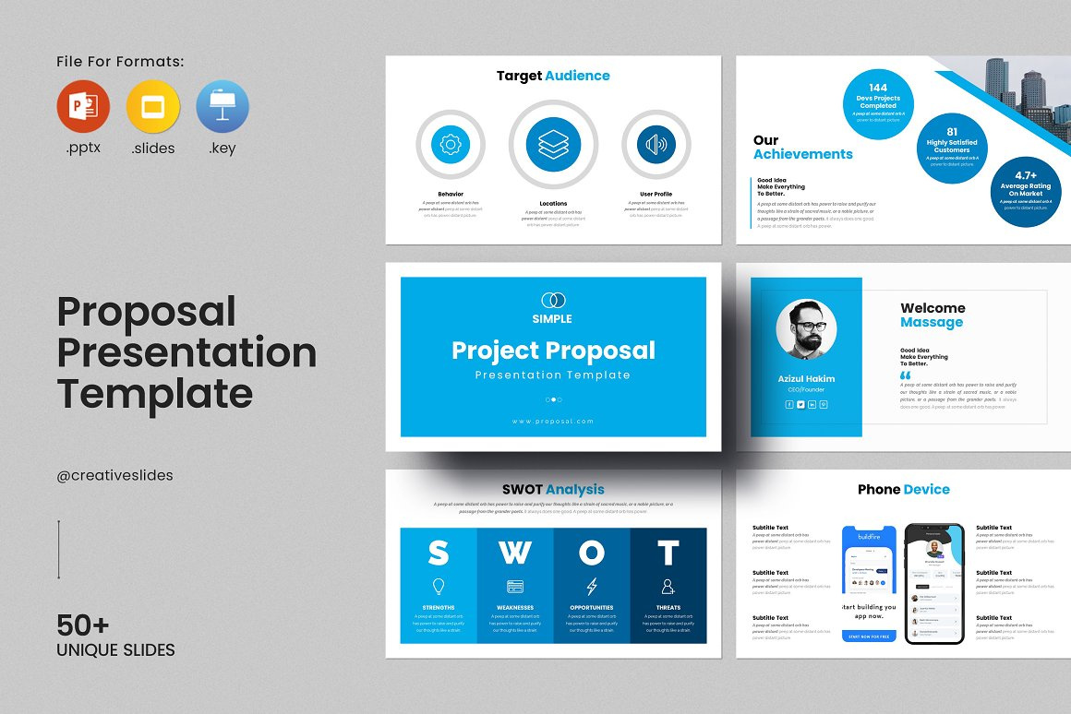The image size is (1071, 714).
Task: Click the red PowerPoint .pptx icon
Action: coord(83,107)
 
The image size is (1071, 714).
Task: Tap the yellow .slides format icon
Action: coord(152,107)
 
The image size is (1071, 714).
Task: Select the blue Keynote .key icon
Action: coord(223,107)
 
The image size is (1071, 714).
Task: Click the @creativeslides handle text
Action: coord(115,476)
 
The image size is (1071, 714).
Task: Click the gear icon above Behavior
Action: coord(451,145)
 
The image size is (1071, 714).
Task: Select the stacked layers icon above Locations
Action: coord(553,145)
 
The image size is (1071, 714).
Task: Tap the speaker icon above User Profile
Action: coord(656,145)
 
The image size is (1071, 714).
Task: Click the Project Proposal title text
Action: coord(553,351)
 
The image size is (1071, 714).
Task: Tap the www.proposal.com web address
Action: coord(553,421)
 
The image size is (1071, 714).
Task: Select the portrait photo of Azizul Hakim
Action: coord(806,328)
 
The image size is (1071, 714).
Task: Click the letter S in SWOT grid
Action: coord(439,553)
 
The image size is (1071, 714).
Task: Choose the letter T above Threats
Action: coord(668,553)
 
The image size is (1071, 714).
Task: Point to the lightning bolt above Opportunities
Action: coord(592,587)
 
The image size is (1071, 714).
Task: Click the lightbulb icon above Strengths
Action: coord(439,587)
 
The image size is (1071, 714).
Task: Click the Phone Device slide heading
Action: coord(903,490)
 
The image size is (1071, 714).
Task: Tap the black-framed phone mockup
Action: coord(933,583)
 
